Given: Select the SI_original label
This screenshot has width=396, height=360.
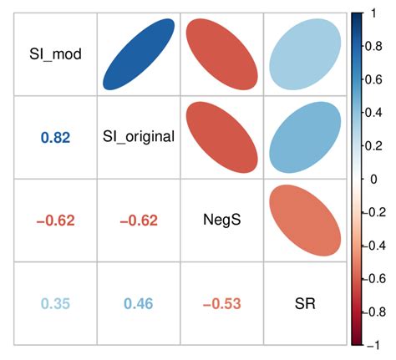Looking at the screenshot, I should pos(139,136).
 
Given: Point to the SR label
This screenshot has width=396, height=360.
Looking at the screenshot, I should pos(304,302).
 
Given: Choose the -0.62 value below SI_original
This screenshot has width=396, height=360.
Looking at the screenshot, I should pos(139,220).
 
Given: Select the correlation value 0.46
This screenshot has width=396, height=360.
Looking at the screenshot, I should pos(139,302).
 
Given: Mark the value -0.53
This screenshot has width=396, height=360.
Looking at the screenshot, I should pos(221,302).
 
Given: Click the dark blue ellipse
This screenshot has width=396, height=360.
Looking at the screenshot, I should pos(139,54).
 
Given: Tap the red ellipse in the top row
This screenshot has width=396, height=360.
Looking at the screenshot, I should pos(221,54).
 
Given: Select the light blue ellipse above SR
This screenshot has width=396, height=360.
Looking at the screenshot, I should pos(304,54).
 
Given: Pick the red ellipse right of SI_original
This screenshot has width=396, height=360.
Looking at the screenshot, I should pos(221,137).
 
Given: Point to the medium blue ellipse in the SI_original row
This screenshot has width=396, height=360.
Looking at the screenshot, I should pos(304,137).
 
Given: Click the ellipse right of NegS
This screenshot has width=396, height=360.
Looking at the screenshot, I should pos(304,220).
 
